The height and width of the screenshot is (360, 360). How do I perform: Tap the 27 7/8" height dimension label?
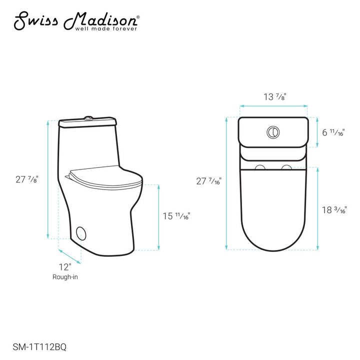tap(26, 178)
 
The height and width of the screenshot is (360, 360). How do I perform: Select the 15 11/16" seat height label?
tap(176, 216)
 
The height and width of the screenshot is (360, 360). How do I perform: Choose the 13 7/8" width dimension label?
tap(274, 96)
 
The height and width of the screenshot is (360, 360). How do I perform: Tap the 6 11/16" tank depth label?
tap(332, 132)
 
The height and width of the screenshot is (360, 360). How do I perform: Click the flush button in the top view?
tap(273, 132)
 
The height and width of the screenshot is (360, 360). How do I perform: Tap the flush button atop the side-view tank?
tap(88, 118)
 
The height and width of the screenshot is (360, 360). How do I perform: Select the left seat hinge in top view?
tap(260, 167)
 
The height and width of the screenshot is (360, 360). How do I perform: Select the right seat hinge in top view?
tap(286, 167)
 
